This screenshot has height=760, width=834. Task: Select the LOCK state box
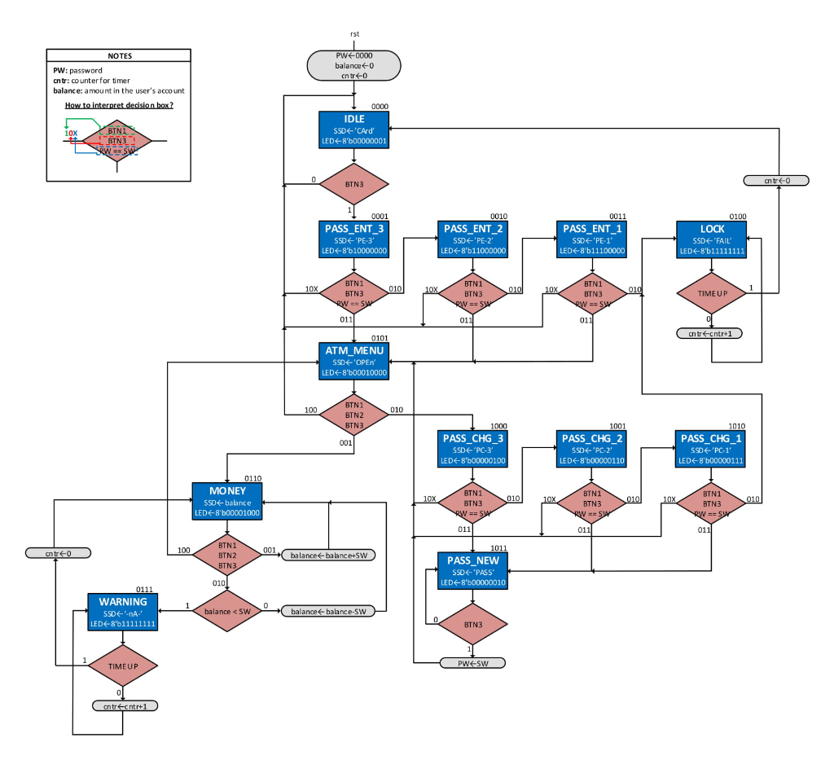712,240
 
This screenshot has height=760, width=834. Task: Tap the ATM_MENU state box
353,361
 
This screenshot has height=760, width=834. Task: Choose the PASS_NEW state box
473,571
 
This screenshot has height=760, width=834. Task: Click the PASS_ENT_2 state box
473,240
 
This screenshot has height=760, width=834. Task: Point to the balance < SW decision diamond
227,611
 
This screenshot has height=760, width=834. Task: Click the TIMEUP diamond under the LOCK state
712,293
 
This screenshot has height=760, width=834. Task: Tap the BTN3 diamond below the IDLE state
353,184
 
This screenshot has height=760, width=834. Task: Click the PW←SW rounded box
473,663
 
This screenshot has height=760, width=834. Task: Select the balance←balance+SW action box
328,556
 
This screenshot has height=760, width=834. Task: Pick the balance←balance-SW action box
328,611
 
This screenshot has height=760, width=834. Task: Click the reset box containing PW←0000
353,65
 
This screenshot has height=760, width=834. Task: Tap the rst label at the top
353,34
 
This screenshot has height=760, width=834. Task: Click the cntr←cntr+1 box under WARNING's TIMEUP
125,706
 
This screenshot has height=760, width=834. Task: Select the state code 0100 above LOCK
736,217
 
